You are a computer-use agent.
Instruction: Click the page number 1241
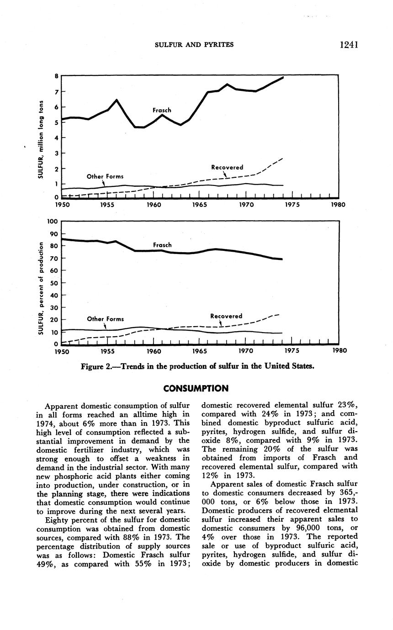point(348,44)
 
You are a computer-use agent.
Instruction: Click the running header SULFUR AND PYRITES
point(194,45)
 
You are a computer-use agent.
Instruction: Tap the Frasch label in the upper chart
point(162,110)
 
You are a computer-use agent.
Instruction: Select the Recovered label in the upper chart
point(227,168)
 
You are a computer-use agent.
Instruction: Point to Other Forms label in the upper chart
point(105,176)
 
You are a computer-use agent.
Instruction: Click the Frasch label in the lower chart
point(162,245)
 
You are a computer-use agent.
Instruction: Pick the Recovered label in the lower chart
point(226,316)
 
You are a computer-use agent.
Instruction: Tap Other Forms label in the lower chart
point(105,319)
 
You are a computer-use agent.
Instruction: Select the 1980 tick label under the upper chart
point(338,205)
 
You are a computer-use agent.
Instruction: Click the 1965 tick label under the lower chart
point(200,351)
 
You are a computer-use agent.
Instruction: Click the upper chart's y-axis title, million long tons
point(41,139)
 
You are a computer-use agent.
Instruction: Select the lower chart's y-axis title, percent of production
point(41,288)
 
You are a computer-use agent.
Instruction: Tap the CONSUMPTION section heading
point(196,389)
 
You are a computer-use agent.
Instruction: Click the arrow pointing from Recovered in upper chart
point(225,175)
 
